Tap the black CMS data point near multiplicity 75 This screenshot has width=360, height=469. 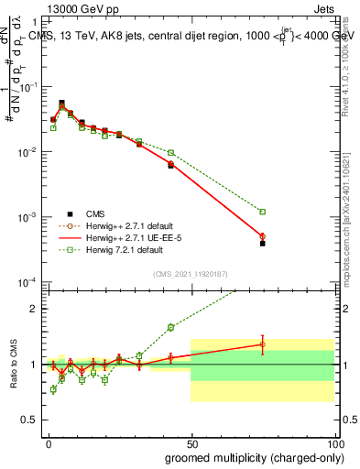coord(262,243)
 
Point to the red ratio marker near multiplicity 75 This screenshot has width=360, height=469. coord(262,344)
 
